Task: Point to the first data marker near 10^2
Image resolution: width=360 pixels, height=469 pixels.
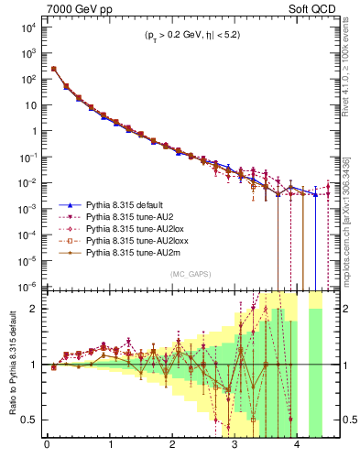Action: [x=54, y=69]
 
